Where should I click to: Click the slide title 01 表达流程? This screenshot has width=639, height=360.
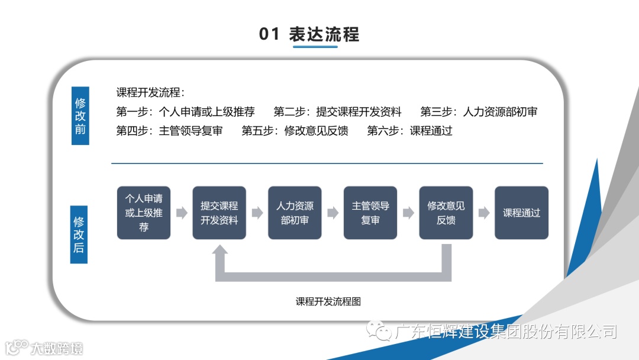tap(309, 34)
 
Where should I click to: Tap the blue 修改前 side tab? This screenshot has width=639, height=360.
tap(80, 116)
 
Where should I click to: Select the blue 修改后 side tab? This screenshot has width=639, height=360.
tap(79, 234)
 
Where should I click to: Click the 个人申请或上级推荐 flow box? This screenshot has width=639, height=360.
tap(144, 213)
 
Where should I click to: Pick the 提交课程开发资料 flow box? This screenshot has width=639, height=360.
tap(219, 213)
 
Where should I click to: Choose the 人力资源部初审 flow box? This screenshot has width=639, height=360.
tap(295, 213)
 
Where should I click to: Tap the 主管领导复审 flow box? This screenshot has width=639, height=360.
tap(370, 213)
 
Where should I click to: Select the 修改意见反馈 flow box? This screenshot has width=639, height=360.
tap(446, 213)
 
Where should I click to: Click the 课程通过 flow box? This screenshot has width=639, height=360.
tap(521, 213)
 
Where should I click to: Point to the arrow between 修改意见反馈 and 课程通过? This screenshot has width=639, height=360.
tap(484, 213)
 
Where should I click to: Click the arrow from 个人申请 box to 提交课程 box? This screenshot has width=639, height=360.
tap(182, 213)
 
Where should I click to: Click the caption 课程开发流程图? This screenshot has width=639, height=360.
tap(328, 301)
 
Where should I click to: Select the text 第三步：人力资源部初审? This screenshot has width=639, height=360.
tap(479, 111)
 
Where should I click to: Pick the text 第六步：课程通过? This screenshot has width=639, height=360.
tap(409, 131)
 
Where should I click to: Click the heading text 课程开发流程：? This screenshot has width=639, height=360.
tap(150, 92)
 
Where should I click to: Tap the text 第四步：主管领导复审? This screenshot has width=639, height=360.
tap(169, 131)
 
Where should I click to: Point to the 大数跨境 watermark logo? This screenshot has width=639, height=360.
tap(44, 348)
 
